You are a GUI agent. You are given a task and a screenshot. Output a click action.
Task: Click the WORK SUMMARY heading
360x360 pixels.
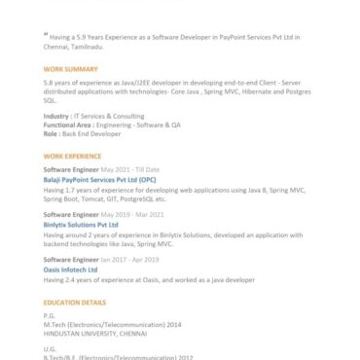point(70,70)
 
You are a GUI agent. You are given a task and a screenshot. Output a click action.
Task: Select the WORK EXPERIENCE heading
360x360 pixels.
point(73,156)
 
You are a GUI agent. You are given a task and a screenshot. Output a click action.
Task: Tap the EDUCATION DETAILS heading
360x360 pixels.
point(75,303)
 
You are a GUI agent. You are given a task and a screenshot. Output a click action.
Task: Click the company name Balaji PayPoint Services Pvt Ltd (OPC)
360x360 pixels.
point(99,180)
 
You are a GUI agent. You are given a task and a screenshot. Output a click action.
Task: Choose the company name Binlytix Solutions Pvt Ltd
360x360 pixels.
point(82,224)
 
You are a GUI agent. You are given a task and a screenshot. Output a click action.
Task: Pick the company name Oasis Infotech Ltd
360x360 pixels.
point(71,270)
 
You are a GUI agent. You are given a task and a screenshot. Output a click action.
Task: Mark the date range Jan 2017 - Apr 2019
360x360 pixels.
point(132,260)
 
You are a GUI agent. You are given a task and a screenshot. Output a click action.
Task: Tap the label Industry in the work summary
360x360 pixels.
point(56,116)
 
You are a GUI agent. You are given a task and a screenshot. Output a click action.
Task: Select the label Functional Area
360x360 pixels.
point(69,125)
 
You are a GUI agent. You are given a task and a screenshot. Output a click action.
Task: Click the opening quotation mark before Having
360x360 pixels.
point(46,35)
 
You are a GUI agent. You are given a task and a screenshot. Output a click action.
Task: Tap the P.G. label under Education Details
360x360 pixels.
point(50,316)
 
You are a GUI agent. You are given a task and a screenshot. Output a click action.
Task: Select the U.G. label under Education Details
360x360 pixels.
point(50,347)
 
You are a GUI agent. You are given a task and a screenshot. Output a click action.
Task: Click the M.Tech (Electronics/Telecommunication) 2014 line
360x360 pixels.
point(113,324)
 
